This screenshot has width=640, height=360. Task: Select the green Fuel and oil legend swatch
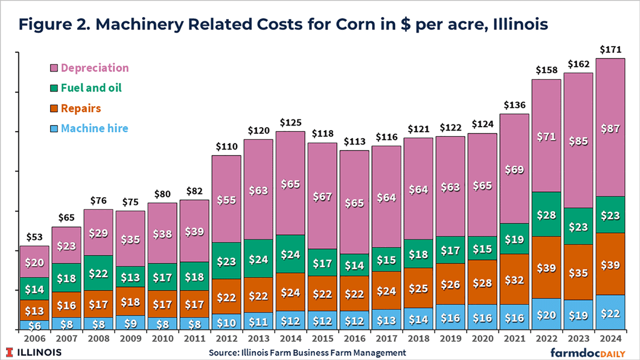[x=53, y=88]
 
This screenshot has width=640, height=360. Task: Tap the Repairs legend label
[x=81, y=108]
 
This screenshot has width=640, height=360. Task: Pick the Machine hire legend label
[x=94, y=128]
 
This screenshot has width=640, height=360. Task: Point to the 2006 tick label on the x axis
[x=34, y=338]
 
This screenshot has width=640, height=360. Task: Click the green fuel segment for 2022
[x=546, y=214]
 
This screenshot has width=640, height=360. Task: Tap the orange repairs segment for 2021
[x=514, y=279]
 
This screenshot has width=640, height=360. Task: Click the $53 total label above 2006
[x=34, y=238]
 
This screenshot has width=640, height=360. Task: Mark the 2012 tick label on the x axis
[x=226, y=338]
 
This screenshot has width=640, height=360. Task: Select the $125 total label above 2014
[x=291, y=122]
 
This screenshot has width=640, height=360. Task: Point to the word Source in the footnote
[x=223, y=353]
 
